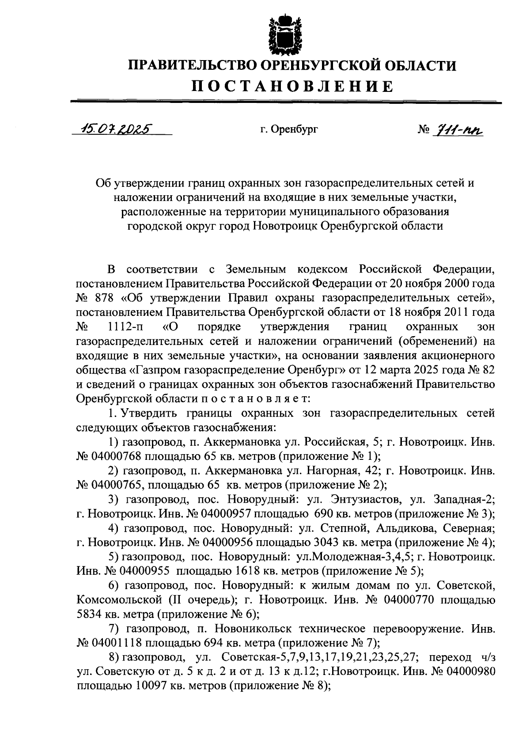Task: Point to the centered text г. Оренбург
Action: (289, 129)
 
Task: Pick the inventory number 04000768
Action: (116, 455)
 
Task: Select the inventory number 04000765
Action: (116, 484)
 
